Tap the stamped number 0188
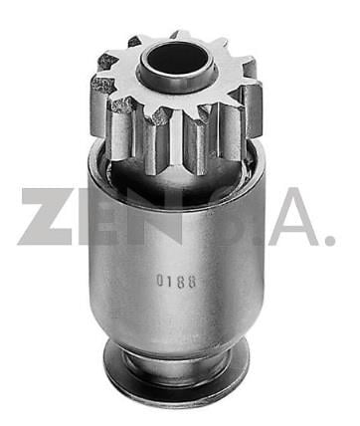pyautogui.click(x=176, y=282)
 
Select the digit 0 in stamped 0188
pyautogui.click(x=160, y=281)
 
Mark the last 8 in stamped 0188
pyautogui.click(x=192, y=282)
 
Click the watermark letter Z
pyautogui.click(x=48, y=217)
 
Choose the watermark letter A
pyautogui.click(x=293, y=217)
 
